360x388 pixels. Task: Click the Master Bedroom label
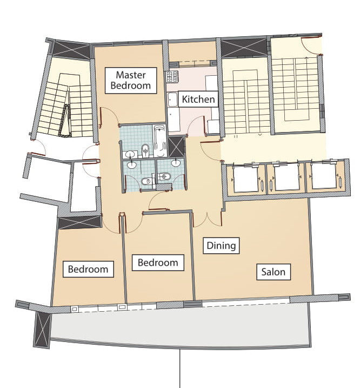pos(131,81)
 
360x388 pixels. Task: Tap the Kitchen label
pos(198,99)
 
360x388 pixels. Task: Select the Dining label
pos(221,246)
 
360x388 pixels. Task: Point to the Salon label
pos(273,272)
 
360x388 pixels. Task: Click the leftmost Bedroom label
pos(88,269)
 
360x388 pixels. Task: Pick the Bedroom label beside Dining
pos(158,262)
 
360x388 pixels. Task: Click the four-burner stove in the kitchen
pos(172,76)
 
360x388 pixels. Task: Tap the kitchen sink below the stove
pos(172,100)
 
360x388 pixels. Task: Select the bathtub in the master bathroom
pos(159,141)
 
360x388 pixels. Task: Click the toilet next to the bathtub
pos(145,150)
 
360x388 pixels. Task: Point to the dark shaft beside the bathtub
pos(176,147)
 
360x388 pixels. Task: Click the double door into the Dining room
pos(207,220)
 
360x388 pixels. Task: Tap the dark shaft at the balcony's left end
pos(42,330)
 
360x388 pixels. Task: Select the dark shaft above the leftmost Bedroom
pos(79,222)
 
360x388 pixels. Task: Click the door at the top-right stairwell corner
pos(311,44)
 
